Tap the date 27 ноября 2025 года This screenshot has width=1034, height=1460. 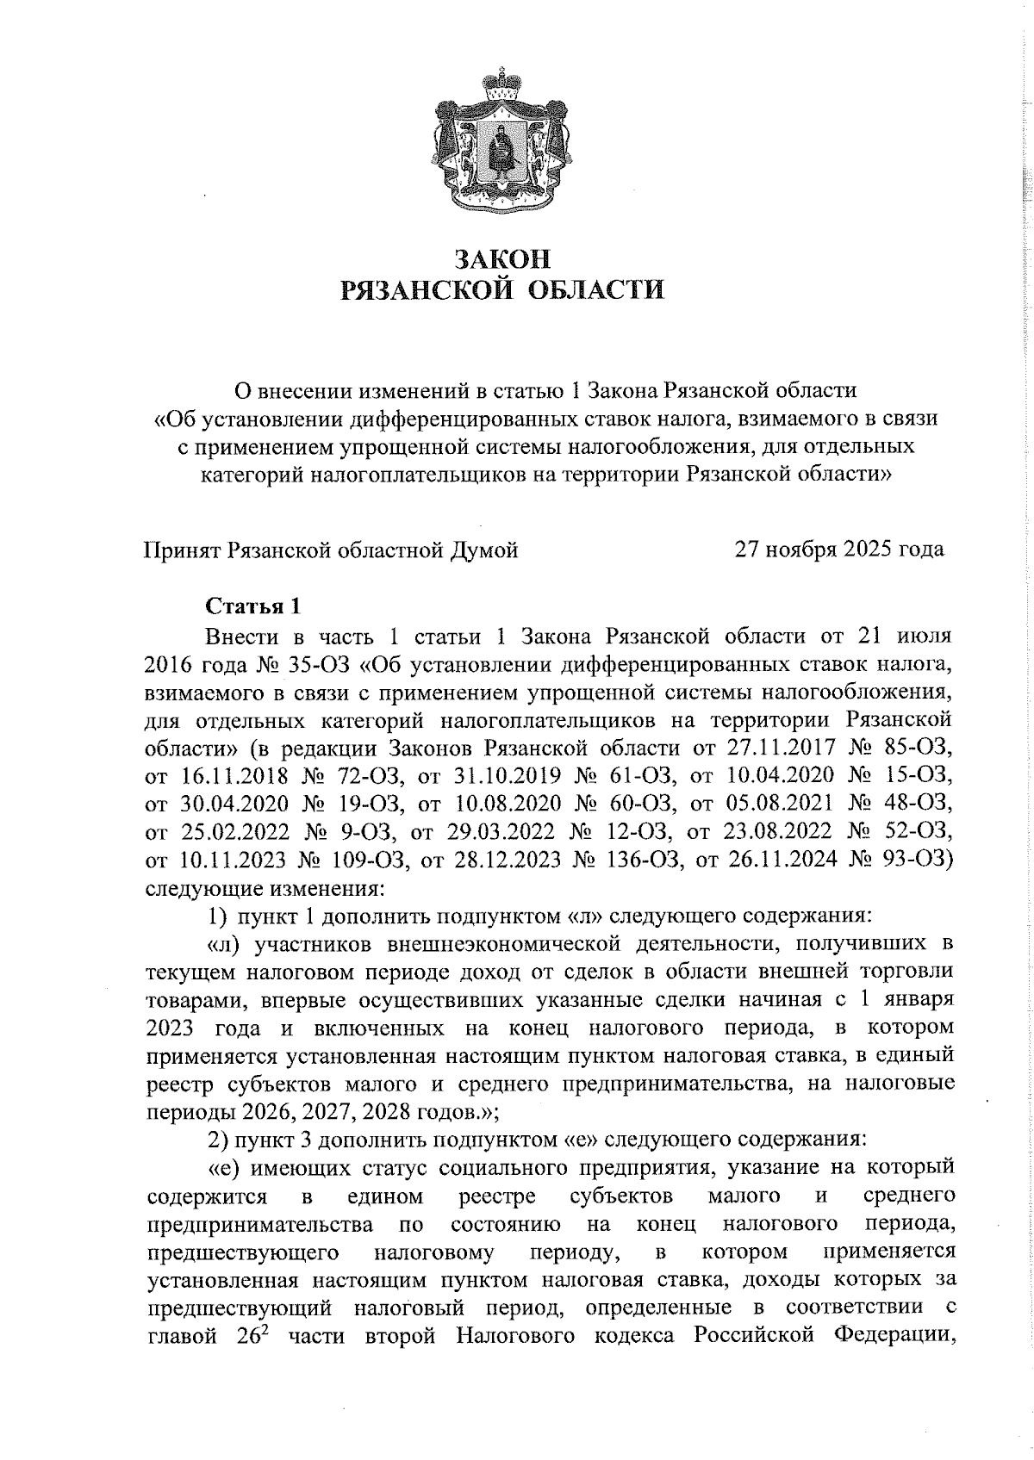(838, 550)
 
